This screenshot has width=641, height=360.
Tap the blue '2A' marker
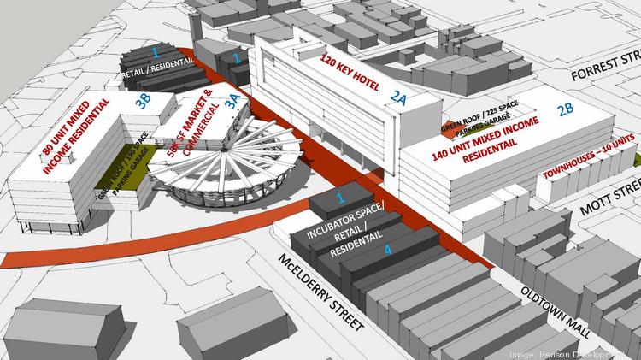point(400,98)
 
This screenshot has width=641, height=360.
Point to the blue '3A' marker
point(232,101)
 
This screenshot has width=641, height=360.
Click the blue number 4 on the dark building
point(388,251)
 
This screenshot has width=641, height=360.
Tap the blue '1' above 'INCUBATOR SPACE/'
point(340,198)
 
